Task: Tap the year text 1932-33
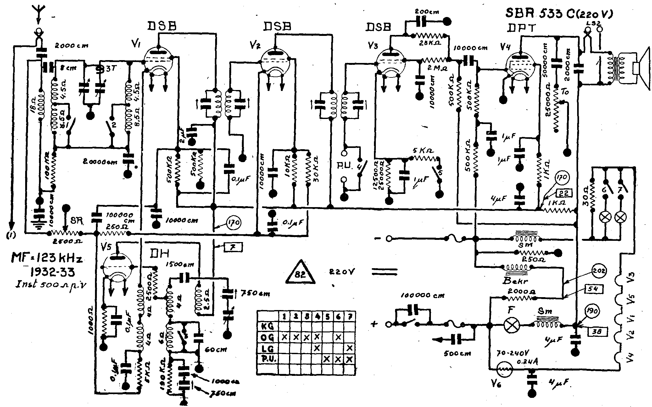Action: pos(49,272)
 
